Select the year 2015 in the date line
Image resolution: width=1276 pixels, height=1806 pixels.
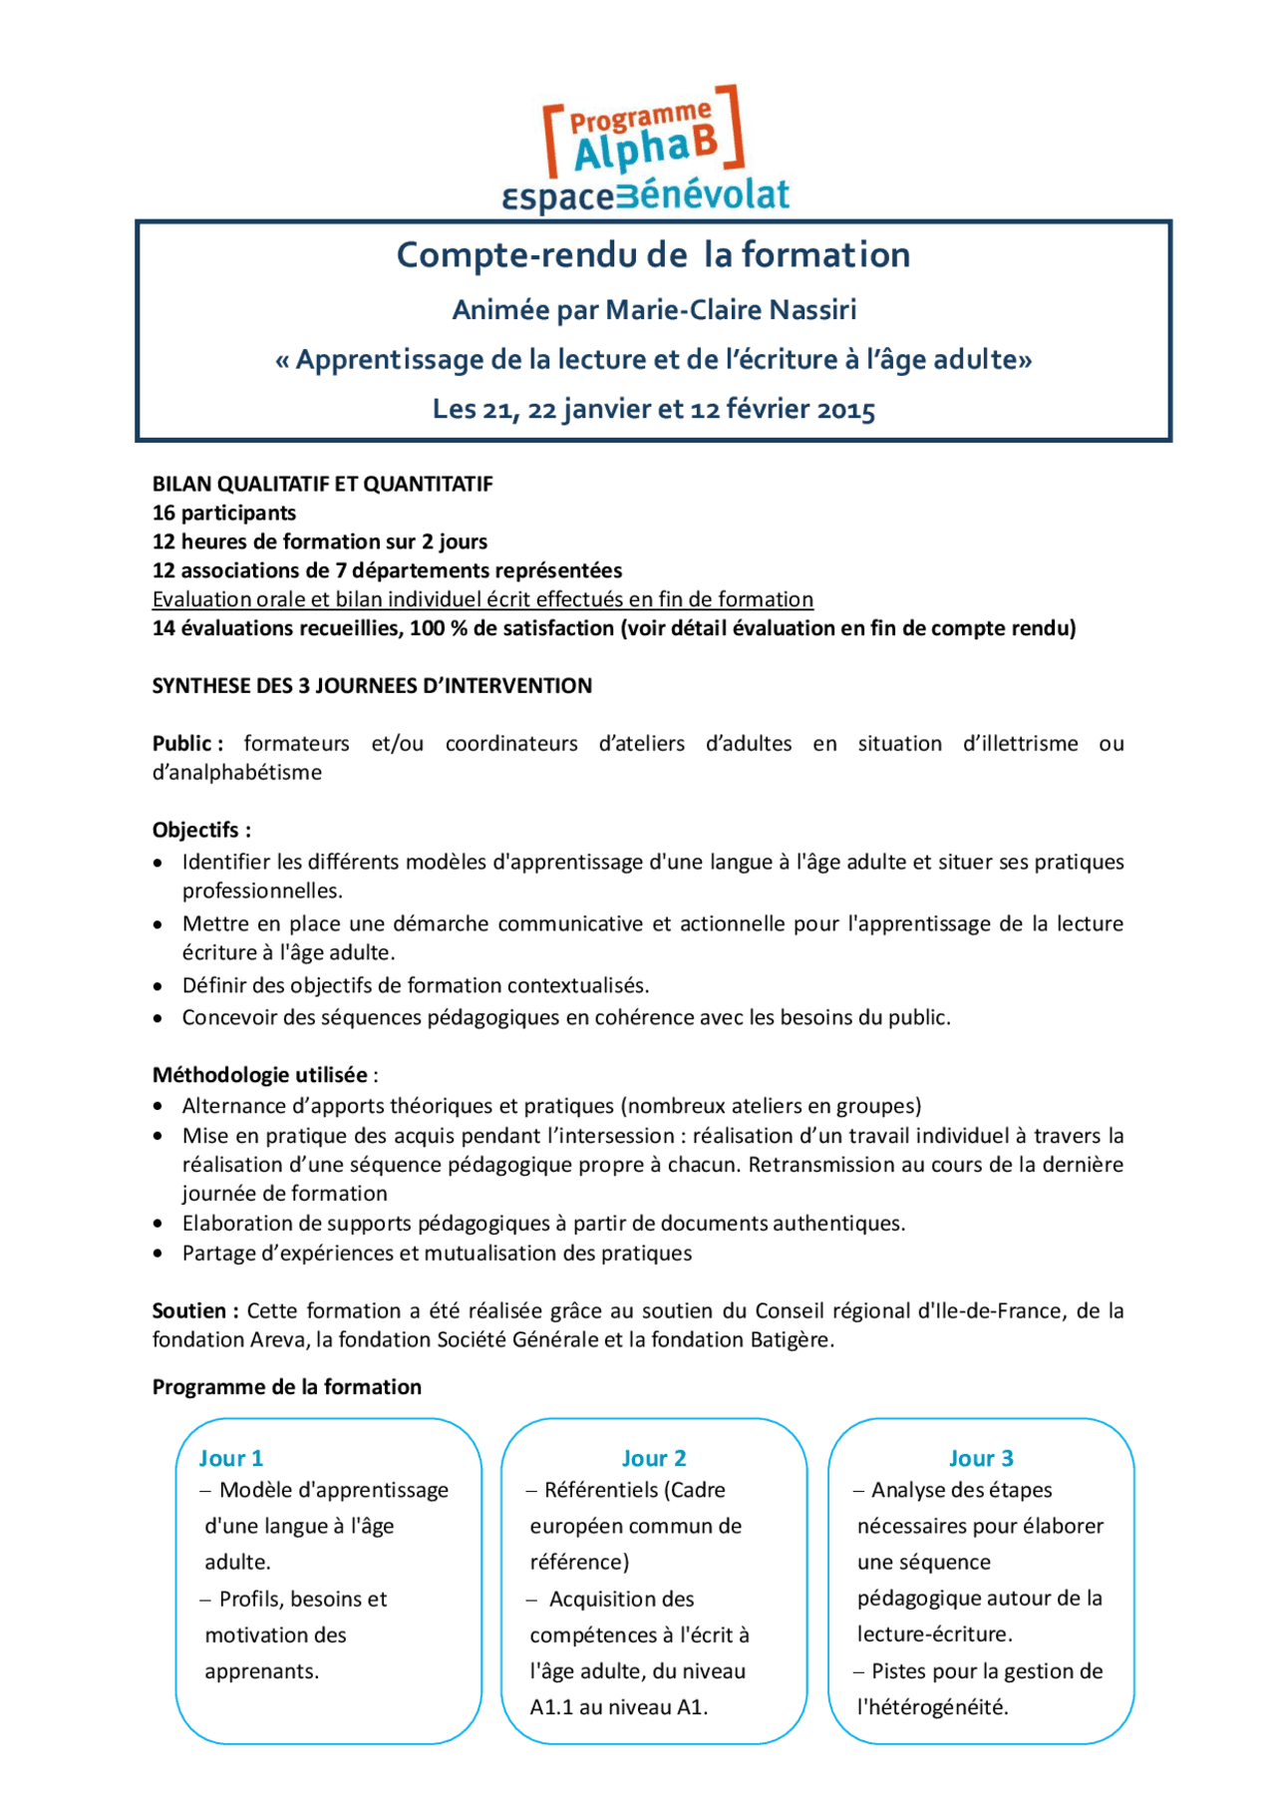click(845, 410)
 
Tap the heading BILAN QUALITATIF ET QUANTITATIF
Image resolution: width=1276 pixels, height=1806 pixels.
click(322, 484)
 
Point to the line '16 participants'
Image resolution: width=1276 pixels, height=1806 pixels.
click(223, 513)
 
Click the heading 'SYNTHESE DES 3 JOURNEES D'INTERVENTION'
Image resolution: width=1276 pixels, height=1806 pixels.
click(372, 686)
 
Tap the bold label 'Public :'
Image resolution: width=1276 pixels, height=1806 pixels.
click(187, 744)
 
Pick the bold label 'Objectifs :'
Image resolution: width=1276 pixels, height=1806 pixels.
click(201, 830)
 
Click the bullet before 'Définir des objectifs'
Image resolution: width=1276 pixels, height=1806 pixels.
click(159, 986)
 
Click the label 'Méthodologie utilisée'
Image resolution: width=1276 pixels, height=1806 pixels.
click(260, 1075)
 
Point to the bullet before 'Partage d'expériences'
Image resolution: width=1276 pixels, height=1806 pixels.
click(159, 1254)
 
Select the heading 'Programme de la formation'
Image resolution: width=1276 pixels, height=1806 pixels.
click(286, 1387)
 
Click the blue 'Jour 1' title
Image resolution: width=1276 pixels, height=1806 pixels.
click(231, 1458)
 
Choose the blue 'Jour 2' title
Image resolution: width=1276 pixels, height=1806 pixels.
click(654, 1458)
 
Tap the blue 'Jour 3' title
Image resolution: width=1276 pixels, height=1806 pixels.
click(981, 1458)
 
